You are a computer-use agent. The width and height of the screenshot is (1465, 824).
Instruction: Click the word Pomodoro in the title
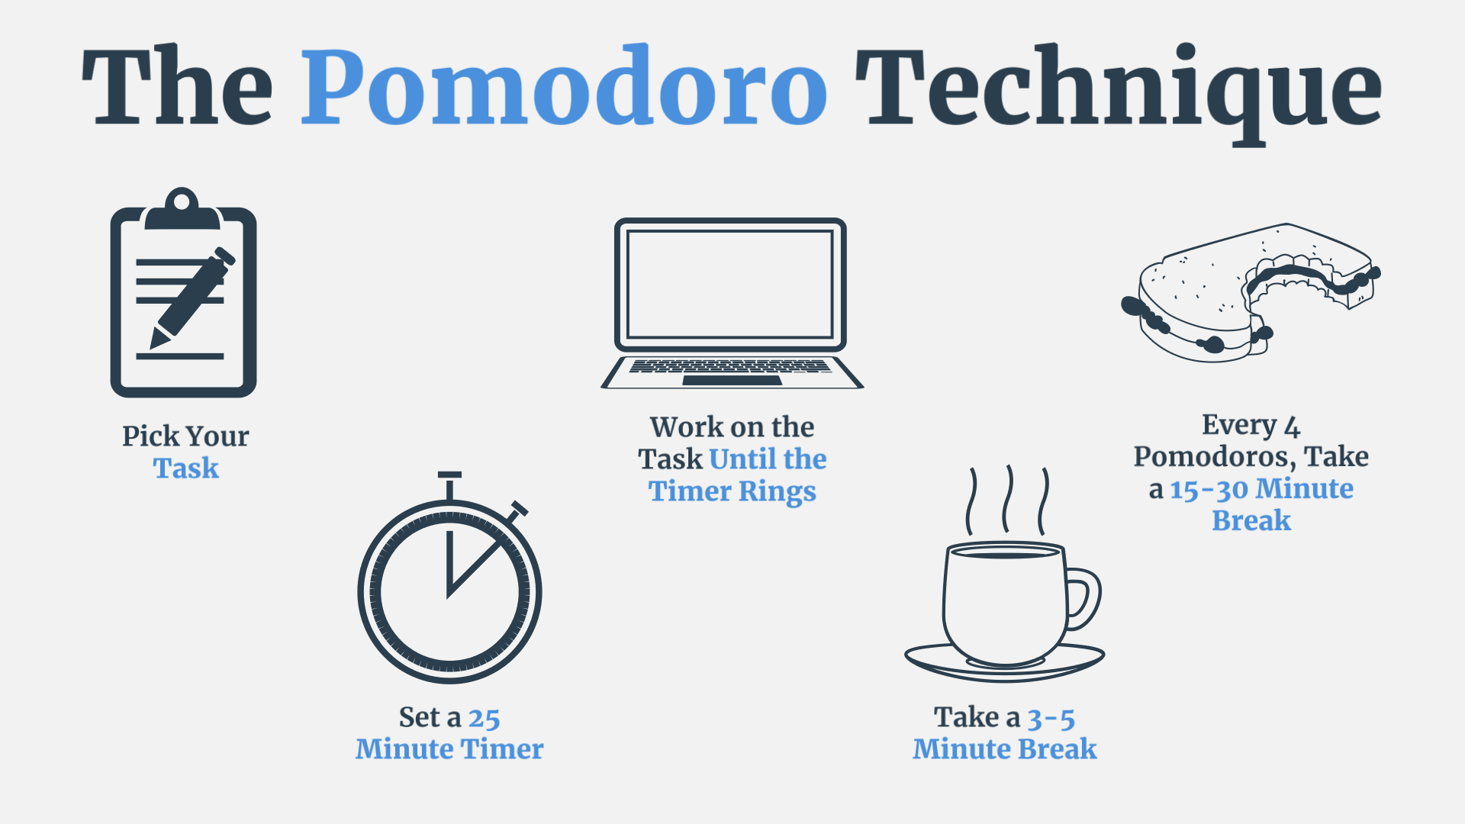pyautogui.click(x=564, y=85)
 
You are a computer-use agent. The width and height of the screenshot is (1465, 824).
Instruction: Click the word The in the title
pyautogui.click(x=177, y=85)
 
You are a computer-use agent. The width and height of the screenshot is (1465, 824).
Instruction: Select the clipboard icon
pyautogui.click(x=183, y=292)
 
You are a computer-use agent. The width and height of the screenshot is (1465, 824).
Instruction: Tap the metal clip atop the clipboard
pyautogui.click(x=182, y=208)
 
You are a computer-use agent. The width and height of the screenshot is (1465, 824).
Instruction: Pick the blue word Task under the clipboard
pyautogui.click(x=186, y=468)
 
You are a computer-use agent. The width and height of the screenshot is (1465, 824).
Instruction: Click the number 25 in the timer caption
pyautogui.click(x=484, y=718)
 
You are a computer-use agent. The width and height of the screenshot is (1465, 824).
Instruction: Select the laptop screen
pyautogui.click(x=729, y=284)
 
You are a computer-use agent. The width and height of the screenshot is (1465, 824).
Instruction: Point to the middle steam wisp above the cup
pyautogui.click(x=1008, y=499)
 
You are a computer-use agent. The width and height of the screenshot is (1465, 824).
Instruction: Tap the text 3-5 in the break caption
pyautogui.click(x=1051, y=718)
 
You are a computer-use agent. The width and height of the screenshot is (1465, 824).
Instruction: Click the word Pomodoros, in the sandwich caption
pyautogui.click(x=1215, y=457)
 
